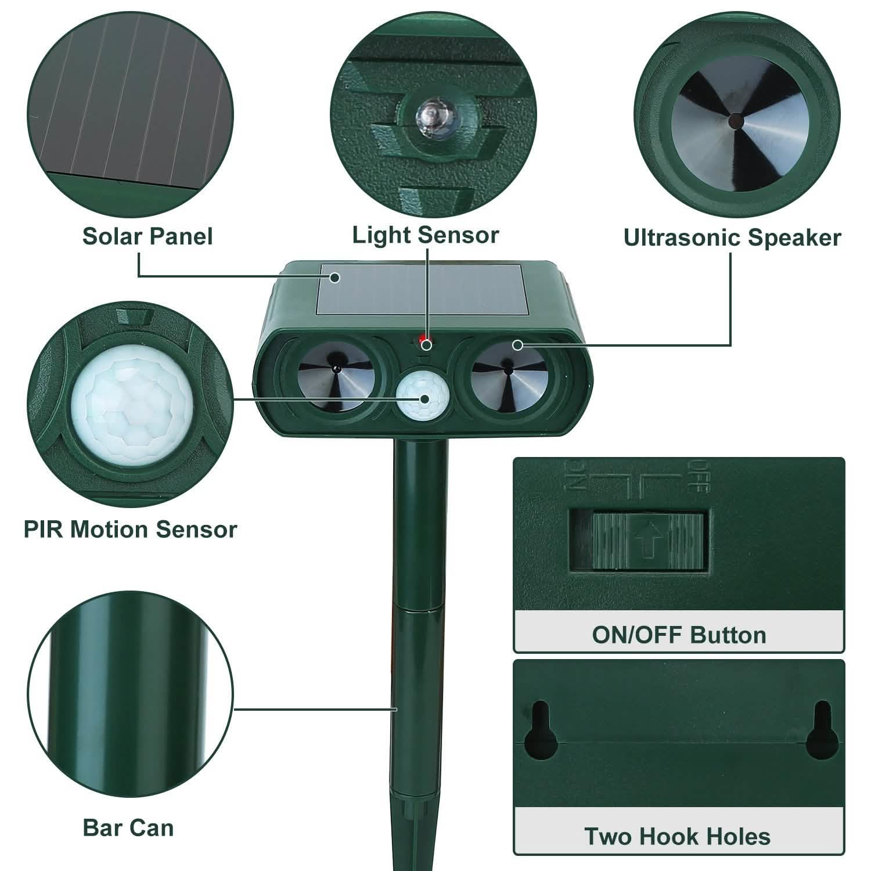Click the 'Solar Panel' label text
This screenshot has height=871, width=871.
[x=147, y=236]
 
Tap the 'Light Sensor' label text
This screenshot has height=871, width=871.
[x=426, y=235]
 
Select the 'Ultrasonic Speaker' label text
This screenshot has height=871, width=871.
[x=732, y=237]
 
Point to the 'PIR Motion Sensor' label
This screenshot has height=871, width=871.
[x=130, y=530]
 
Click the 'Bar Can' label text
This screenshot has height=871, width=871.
[x=128, y=827]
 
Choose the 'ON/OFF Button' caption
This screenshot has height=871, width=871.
[x=679, y=635]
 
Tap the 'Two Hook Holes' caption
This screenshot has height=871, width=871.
[x=677, y=837]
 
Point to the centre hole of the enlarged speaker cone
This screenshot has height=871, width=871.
[x=736, y=120]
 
